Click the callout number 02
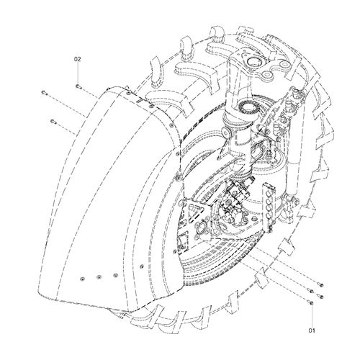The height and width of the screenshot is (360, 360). coord(78,59)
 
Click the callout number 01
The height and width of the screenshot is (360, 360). coord(312,330)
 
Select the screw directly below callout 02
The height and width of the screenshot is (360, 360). coord(78,86)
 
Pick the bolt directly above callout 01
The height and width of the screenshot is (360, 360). coord(312,303)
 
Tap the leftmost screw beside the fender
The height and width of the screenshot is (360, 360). coord(43,92)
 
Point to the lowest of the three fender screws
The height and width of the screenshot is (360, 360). coord(53,121)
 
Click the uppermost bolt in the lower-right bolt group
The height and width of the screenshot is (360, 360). coord(322,285)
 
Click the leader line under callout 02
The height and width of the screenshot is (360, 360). coord(78,73)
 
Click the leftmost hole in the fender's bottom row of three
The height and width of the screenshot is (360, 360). coord(83,278)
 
